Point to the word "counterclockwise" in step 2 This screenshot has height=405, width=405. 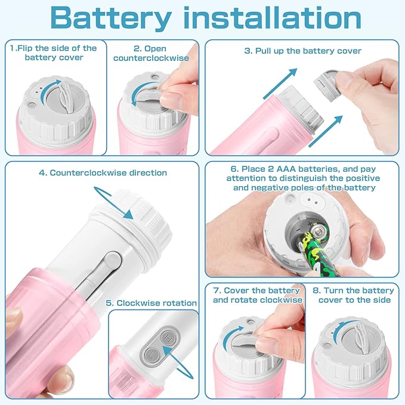pos(150,58)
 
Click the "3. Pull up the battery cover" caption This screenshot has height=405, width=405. pos(302,51)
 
